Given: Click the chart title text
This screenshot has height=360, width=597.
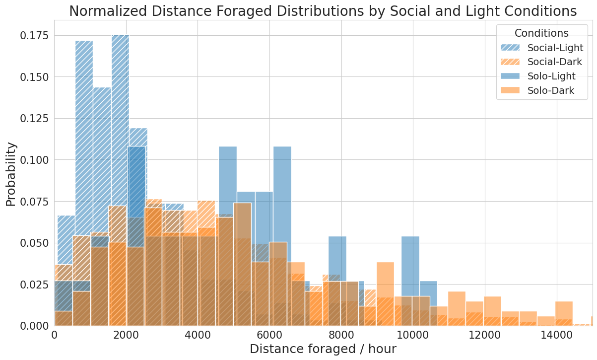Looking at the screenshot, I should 323,11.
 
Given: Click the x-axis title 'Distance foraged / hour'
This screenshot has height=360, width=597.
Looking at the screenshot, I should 323,349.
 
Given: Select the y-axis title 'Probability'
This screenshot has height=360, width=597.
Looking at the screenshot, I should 11,174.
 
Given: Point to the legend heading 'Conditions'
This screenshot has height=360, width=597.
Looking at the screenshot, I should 541,33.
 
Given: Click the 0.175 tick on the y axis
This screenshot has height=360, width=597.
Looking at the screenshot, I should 34,35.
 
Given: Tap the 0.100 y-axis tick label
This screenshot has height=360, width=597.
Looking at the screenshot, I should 34,160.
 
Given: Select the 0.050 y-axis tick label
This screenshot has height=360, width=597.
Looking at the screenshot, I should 34,243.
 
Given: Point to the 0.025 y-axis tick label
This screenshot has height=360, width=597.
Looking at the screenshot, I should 34,285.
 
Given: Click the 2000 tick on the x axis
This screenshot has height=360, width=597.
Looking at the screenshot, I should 126,335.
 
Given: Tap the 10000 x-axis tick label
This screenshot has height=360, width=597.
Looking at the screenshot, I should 413,335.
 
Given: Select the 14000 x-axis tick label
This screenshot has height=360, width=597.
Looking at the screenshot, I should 556,335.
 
